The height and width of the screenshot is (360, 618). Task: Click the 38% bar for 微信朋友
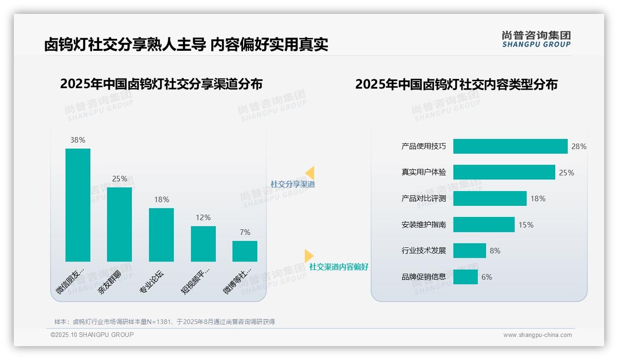tap(78, 205)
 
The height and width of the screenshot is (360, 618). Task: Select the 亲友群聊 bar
tap(119, 224)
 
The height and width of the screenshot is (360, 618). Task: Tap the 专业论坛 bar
tap(161, 234)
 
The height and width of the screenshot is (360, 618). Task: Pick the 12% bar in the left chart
tap(203, 244)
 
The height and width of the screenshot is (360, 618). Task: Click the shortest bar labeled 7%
tap(245, 251)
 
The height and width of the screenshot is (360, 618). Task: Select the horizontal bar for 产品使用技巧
tap(510, 146)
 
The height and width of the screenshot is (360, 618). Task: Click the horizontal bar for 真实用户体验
tap(504, 172)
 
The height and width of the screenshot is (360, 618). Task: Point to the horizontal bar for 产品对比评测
tap(490, 198)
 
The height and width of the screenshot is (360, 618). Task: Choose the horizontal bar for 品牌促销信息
tap(465, 277)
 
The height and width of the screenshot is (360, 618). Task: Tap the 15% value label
tap(526, 225)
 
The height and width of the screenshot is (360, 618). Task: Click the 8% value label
tap(495, 251)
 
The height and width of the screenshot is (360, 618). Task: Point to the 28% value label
tap(579, 146)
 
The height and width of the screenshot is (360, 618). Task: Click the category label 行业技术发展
tap(424, 251)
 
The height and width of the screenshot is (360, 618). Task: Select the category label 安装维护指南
tap(424, 225)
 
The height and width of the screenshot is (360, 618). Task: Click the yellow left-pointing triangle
tap(309, 173)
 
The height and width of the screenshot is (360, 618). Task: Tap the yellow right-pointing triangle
tap(309, 256)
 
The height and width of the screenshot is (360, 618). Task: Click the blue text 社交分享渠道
tap(293, 184)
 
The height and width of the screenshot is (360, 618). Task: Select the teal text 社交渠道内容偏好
tap(339, 267)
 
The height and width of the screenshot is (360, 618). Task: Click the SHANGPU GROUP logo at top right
tap(536, 39)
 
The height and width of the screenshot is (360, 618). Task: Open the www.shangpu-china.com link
tap(537, 335)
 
